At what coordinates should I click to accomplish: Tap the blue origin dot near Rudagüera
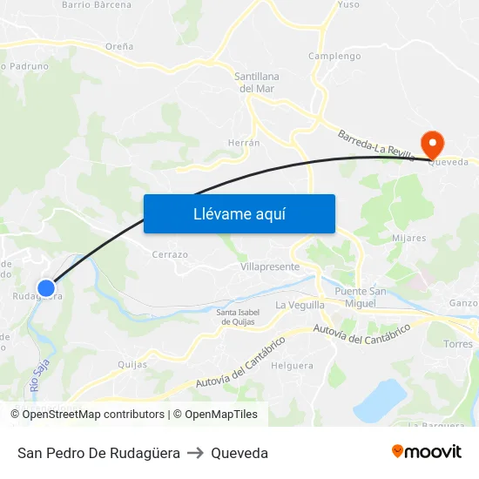click(x=47, y=287)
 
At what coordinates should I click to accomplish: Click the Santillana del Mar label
click(x=256, y=82)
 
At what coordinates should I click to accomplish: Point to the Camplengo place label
click(x=334, y=57)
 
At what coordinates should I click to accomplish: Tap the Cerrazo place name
click(x=170, y=254)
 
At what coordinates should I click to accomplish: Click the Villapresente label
click(x=270, y=266)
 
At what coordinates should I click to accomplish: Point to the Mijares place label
click(x=409, y=238)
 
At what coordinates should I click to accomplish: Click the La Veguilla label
click(x=300, y=305)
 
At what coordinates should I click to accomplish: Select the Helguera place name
click(x=292, y=366)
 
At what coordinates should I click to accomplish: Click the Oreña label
click(x=119, y=46)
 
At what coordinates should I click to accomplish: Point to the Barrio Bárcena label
click(x=97, y=5)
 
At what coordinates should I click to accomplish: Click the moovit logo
click(x=426, y=452)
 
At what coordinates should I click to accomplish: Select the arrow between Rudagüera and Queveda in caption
click(x=195, y=453)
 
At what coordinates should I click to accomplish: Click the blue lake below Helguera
click(x=380, y=400)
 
